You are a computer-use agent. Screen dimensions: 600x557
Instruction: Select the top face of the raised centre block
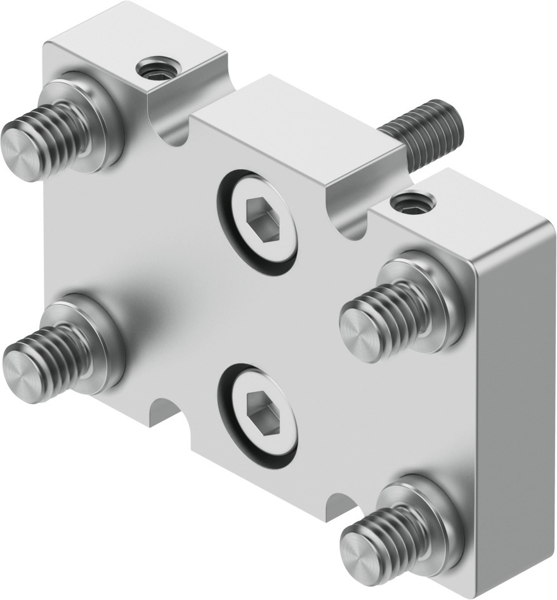pyautogui.click(x=298, y=127)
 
